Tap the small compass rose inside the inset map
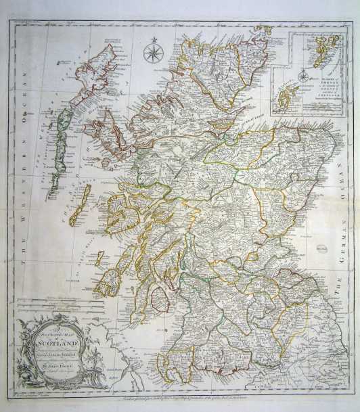tap(303, 76)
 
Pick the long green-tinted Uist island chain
tap(66, 135)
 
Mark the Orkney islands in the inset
tap(288, 98)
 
